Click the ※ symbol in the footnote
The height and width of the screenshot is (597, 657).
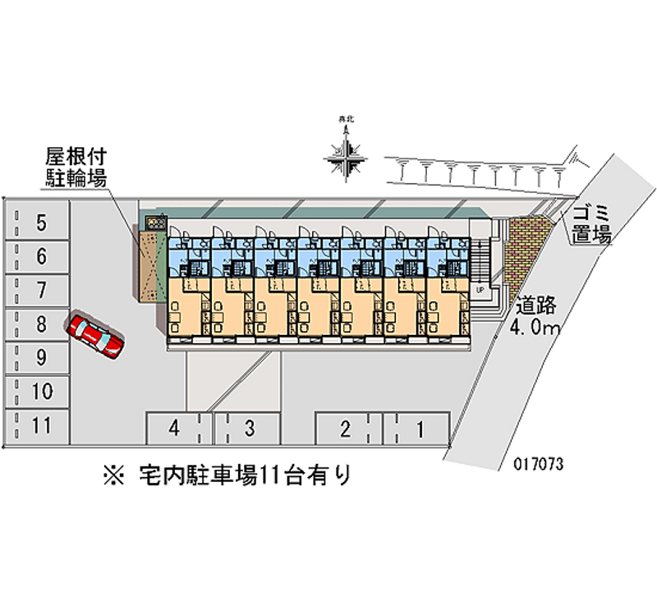(x=113, y=475)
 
